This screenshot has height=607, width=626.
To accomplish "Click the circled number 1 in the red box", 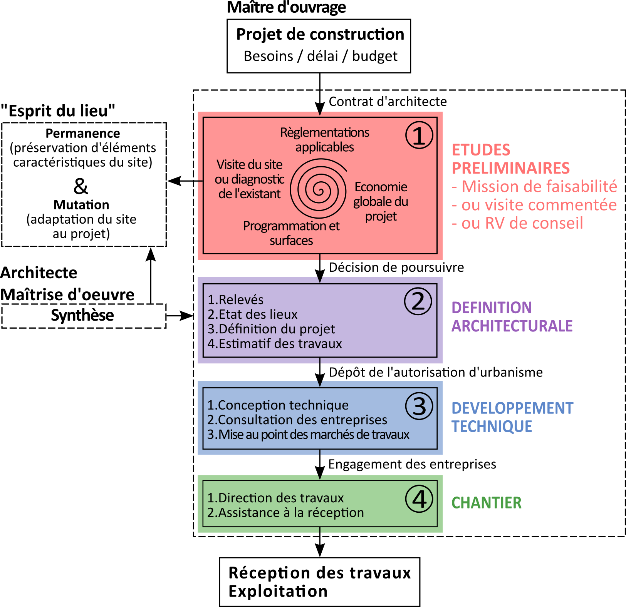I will (x=419, y=135).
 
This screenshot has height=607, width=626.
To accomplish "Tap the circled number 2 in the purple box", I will (x=418, y=301).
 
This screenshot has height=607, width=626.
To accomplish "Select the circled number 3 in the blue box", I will (x=419, y=406).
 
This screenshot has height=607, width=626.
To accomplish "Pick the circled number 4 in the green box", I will (x=419, y=499).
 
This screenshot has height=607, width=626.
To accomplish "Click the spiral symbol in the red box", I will (x=319, y=189).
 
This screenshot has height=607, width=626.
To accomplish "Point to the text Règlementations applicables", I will (x=325, y=140).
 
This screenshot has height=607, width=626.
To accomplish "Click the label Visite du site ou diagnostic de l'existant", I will (x=250, y=179).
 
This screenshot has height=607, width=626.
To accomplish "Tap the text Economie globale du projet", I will (x=381, y=201).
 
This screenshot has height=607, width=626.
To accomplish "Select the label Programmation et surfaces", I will (x=291, y=233).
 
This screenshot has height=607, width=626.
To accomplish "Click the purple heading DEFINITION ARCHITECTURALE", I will (x=512, y=317).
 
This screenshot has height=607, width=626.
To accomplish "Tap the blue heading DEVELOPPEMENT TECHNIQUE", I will (x=512, y=417).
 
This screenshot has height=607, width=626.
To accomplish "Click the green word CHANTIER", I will (x=486, y=503).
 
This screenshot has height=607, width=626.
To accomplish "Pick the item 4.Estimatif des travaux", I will (x=275, y=343).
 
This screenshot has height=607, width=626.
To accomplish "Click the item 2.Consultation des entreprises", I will (x=297, y=420).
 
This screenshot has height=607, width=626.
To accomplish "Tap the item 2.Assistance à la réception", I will (x=285, y=513).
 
